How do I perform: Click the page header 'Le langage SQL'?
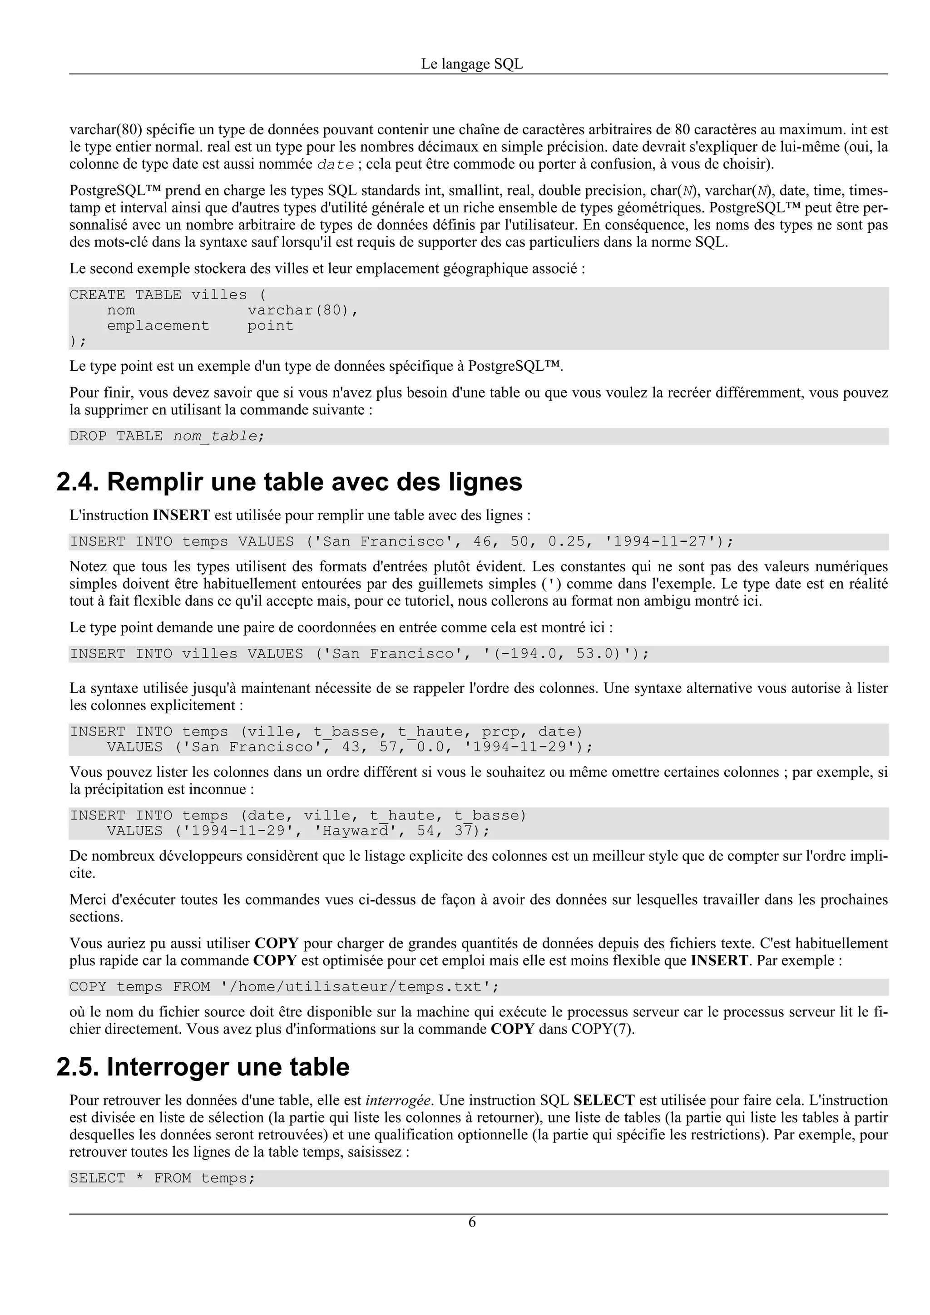(472, 64)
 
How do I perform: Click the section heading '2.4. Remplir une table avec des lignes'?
(289, 482)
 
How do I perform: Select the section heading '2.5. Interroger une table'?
(203, 1067)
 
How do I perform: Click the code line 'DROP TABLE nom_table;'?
(167, 437)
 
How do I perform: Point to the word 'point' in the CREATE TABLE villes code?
(271, 326)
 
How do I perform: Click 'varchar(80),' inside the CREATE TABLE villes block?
(302, 310)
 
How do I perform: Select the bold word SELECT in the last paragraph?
(604, 1100)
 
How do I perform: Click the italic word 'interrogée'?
(398, 1100)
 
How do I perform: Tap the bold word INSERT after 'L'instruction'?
(181, 515)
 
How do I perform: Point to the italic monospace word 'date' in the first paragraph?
(336, 165)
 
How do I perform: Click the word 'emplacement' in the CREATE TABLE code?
(158, 326)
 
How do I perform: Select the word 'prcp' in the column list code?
(500, 732)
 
